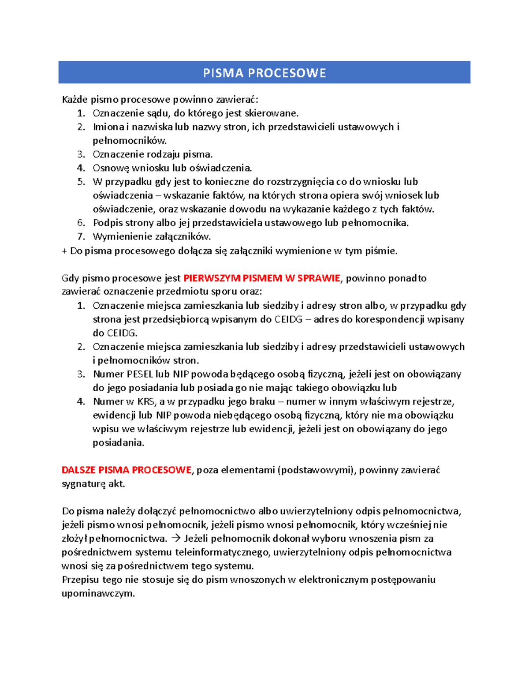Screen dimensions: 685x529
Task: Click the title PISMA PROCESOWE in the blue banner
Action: click(x=264, y=73)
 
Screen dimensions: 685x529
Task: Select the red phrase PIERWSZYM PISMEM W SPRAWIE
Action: click(x=262, y=278)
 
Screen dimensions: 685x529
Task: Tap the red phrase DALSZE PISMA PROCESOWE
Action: click(x=127, y=470)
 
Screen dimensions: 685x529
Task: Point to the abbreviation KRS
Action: click(x=146, y=402)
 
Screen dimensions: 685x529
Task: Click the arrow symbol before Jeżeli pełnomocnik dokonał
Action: click(x=175, y=539)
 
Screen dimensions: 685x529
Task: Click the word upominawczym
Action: click(x=98, y=594)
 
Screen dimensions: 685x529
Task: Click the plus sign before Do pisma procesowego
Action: click(x=64, y=251)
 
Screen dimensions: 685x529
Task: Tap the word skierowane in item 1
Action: click(x=271, y=113)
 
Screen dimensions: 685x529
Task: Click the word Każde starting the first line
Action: click(x=75, y=100)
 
